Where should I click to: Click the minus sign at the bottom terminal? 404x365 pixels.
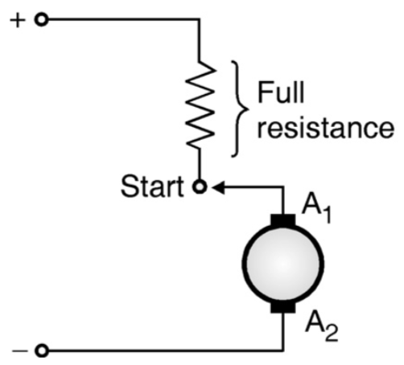(x=17, y=351)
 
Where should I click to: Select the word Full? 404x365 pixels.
(x=281, y=94)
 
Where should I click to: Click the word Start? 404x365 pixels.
(x=154, y=187)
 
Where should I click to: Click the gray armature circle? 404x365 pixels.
(x=283, y=263)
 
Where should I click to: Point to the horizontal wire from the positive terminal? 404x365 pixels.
(x=121, y=20)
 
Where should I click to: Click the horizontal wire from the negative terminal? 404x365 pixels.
(x=161, y=351)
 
